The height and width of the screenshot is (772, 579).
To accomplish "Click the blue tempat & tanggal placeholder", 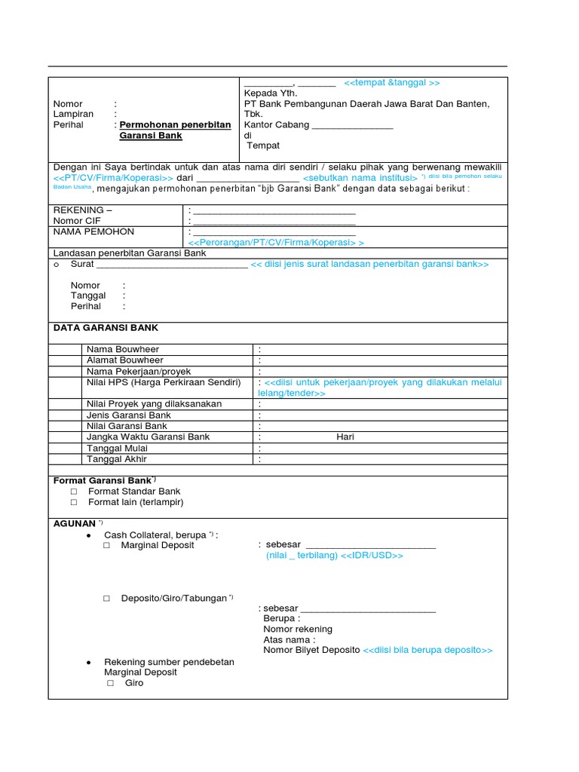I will point(391,83).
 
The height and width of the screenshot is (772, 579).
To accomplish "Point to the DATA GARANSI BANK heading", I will point(106,328).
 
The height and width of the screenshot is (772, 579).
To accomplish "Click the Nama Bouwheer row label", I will point(123,350).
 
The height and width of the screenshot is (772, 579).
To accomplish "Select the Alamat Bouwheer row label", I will point(124,360).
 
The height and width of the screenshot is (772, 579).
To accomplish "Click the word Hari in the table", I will point(345,437).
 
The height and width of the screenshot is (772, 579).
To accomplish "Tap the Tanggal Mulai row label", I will point(118,449).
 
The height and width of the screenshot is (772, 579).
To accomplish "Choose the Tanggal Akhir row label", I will point(117,459).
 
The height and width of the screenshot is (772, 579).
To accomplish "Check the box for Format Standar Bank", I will point(74,492).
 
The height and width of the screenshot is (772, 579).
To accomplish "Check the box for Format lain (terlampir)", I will point(74,502).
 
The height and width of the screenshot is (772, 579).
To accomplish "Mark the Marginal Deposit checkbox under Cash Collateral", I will point(107,545).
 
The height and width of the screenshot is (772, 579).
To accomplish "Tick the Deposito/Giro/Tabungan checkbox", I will point(107,599).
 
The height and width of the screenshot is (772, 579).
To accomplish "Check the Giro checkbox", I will point(110,683).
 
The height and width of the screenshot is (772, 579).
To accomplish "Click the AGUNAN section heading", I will point(75,523).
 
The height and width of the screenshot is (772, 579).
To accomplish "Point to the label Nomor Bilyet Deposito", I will point(311,651).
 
